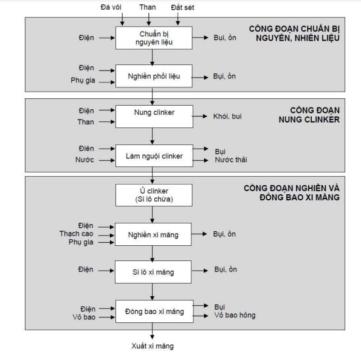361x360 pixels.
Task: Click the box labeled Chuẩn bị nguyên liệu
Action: click(x=154, y=38)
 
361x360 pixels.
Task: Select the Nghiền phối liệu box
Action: click(x=154, y=76)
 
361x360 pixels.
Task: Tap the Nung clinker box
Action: click(x=154, y=117)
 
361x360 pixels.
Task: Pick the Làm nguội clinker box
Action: click(x=154, y=156)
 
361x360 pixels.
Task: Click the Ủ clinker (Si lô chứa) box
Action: click(x=154, y=195)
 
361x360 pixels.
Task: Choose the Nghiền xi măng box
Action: click(x=153, y=234)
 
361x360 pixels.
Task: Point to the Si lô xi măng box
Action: click(x=153, y=272)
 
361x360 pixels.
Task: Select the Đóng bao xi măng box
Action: click(x=154, y=311)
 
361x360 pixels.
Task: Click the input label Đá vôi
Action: click(x=111, y=7)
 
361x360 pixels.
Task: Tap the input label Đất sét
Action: click(x=182, y=8)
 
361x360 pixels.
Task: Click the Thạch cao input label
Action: click(x=77, y=234)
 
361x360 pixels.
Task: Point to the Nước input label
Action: click(x=84, y=160)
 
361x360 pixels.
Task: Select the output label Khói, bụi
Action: click(x=227, y=117)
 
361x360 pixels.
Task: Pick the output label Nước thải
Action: click(x=231, y=160)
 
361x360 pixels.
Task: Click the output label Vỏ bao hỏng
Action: click(x=235, y=315)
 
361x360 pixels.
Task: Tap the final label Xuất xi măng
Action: click(x=153, y=346)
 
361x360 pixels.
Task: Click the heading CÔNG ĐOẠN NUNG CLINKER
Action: click(x=309, y=115)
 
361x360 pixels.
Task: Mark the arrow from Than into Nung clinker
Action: click(x=107, y=121)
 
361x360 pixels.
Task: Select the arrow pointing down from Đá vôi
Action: click(x=122, y=19)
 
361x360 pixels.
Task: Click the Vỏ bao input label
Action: click(x=84, y=318)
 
